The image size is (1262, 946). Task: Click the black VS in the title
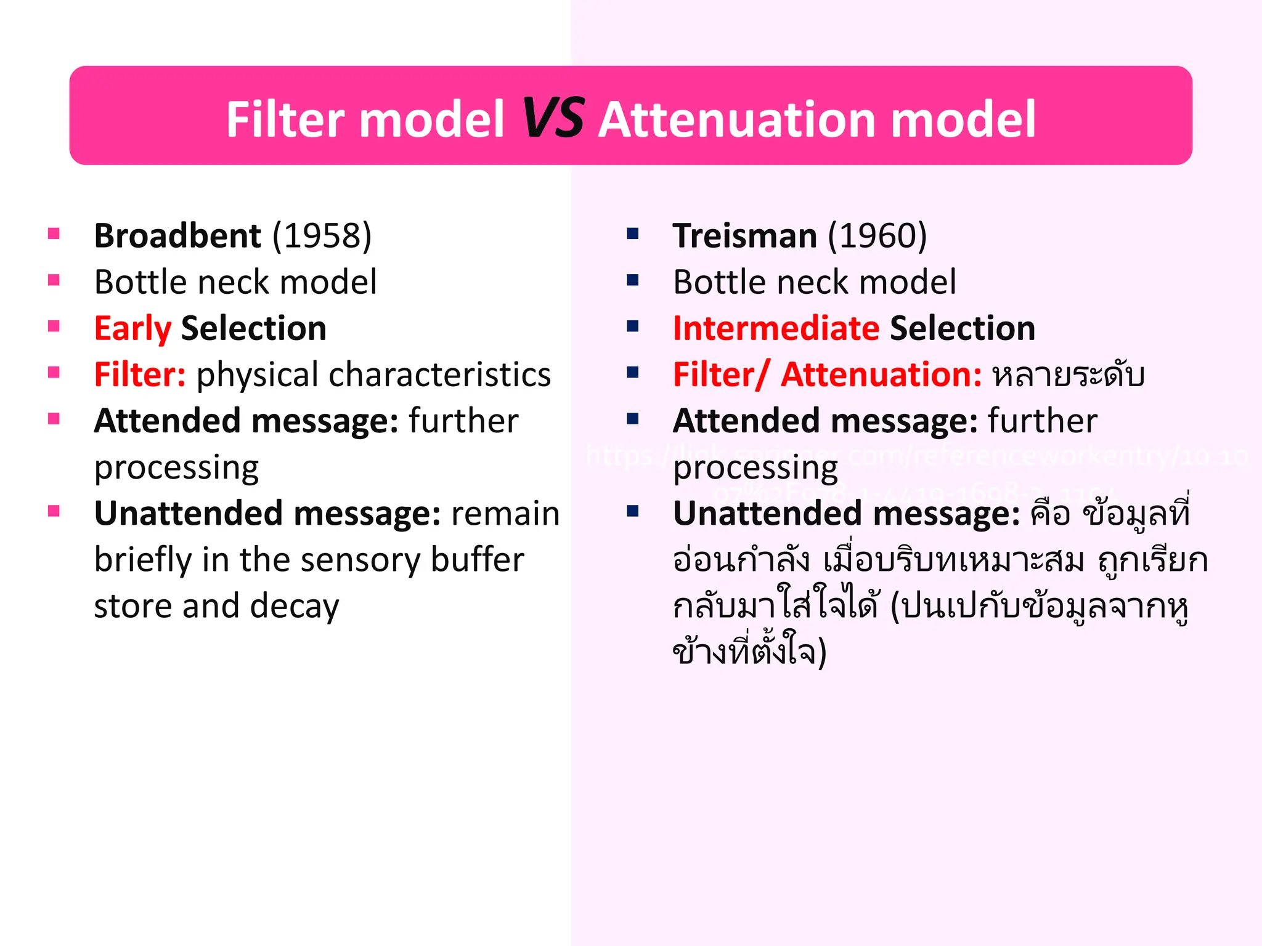[553, 118]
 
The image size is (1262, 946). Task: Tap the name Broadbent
[177, 236]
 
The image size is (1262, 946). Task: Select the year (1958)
[322, 236]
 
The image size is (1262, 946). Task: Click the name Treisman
[744, 236]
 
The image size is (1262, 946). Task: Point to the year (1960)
[877, 236]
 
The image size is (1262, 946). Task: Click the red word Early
[132, 328]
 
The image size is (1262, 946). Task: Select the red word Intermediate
[776, 328]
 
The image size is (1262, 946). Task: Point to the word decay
[295, 607]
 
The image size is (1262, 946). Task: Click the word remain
[505, 514]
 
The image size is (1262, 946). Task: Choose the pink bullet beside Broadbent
[54, 233]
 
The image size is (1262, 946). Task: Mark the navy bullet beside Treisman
[633, 233]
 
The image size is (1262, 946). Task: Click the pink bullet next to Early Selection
[54, 326]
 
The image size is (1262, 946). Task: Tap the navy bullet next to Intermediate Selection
[633, 326]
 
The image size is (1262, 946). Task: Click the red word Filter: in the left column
[140, 374]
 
